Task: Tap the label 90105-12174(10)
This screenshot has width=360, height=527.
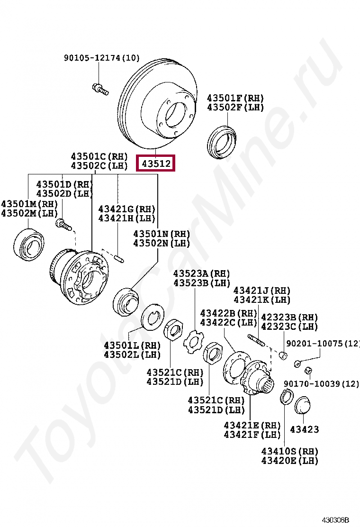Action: (102, 58)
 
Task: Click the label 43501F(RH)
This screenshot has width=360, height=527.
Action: (235, 98)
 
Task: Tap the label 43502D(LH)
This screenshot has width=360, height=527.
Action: (65, 193)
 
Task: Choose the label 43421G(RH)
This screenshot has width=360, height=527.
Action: (126, 209)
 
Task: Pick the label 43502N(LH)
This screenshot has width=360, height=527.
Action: (161, 243)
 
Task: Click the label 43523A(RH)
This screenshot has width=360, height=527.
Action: (201, 273)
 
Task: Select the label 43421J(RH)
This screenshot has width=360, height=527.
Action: (262, 291)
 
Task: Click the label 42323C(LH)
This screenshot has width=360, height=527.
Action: (289, 327)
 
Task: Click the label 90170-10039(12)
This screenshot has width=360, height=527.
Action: (321, 383)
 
